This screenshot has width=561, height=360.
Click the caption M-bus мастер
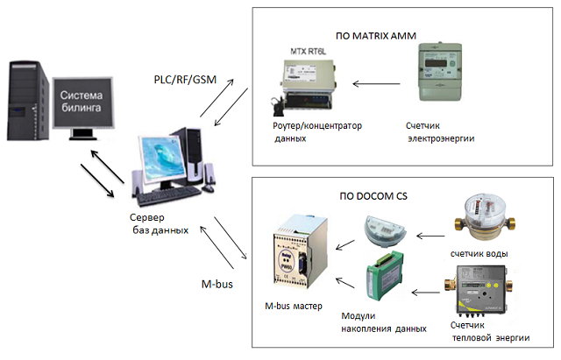(x=294, y=308)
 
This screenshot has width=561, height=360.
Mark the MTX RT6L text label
(x=302, y=53)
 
